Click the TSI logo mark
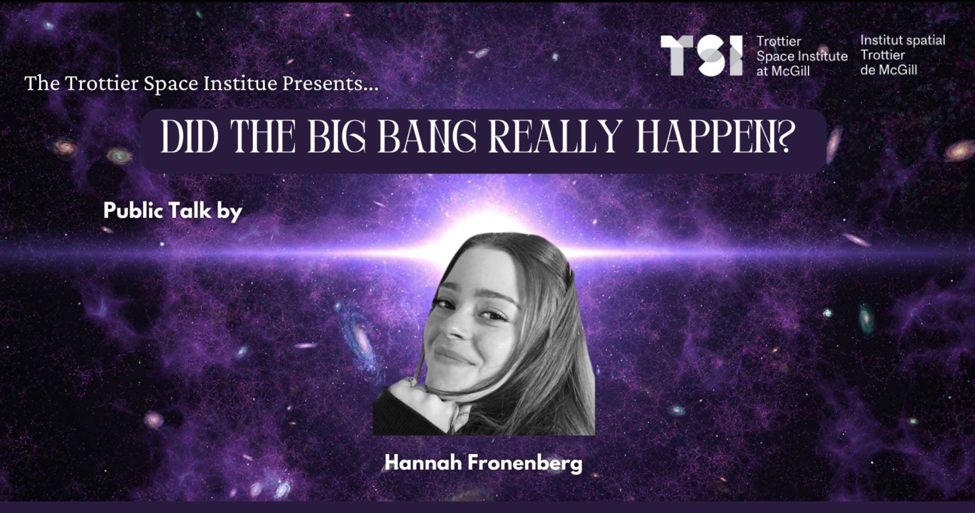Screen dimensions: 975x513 coord(702,56)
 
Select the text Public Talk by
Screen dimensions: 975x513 coord(173,211)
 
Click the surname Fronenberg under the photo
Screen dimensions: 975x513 coord(525,463)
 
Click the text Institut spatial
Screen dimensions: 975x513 coord(903,41)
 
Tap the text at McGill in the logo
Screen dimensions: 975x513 coord(783,71)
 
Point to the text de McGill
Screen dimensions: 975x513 coord(888,70)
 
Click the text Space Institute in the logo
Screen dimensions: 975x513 coord(802,56)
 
